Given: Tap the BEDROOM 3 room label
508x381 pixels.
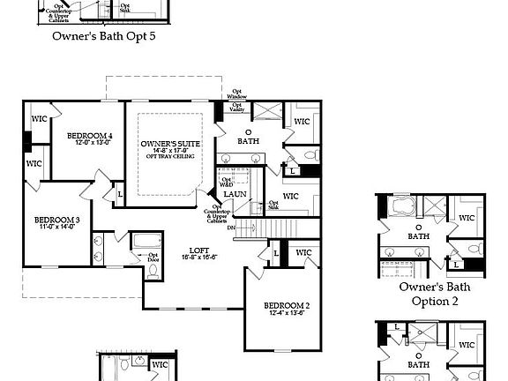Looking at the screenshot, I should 57,220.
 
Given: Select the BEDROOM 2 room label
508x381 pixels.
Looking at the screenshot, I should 288,306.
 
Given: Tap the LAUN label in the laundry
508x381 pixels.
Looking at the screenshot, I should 235,194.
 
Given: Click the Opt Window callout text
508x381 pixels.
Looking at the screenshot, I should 237,93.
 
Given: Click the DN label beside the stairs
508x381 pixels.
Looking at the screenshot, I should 231,227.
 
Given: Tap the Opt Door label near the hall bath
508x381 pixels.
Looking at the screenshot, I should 129,257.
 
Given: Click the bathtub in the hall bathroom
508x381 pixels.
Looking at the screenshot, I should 144,240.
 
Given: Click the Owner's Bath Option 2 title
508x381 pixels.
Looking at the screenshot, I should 434,294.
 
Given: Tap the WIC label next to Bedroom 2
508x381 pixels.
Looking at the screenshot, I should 303,253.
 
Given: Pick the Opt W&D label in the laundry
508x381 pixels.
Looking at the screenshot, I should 226,182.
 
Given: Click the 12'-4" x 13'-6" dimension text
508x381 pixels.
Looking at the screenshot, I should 288,311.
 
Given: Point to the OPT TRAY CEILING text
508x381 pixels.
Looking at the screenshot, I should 169,158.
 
